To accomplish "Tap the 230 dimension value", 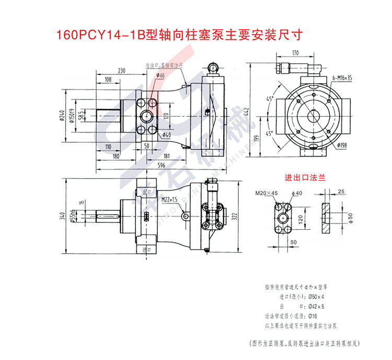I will [122, 71].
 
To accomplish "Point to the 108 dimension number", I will [108, 80].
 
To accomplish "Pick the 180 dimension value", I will [116, 155].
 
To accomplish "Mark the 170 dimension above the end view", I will [295, 53].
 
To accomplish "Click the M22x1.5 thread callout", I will [170, 199].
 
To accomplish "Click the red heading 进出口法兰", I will [305, 177].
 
